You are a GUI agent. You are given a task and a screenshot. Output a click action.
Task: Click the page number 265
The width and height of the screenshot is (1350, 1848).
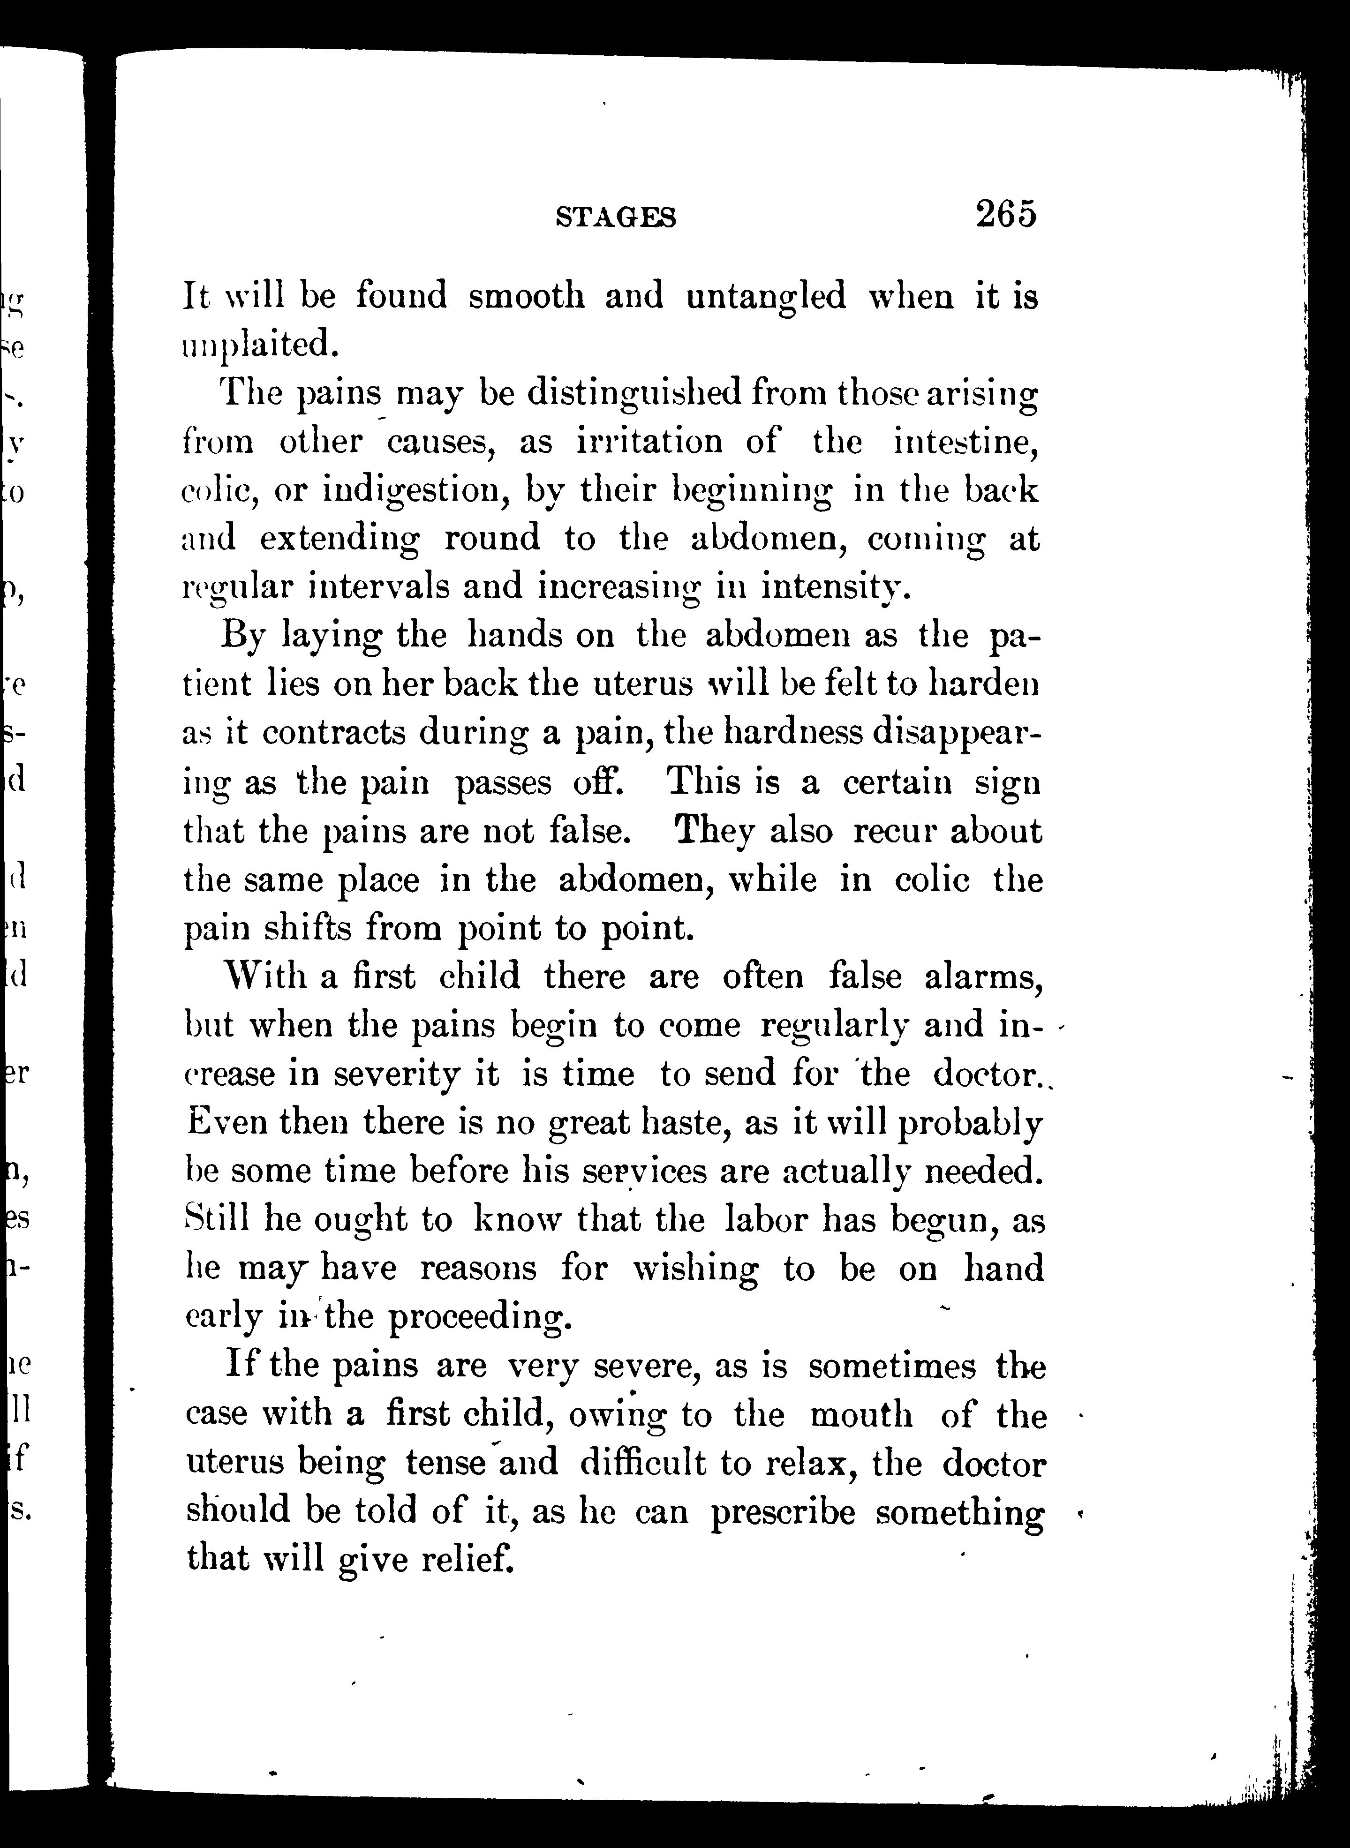click(x=1005, y=214)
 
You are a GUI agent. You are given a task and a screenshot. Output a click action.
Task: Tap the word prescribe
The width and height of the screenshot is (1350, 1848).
click(x=782, y=1512)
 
